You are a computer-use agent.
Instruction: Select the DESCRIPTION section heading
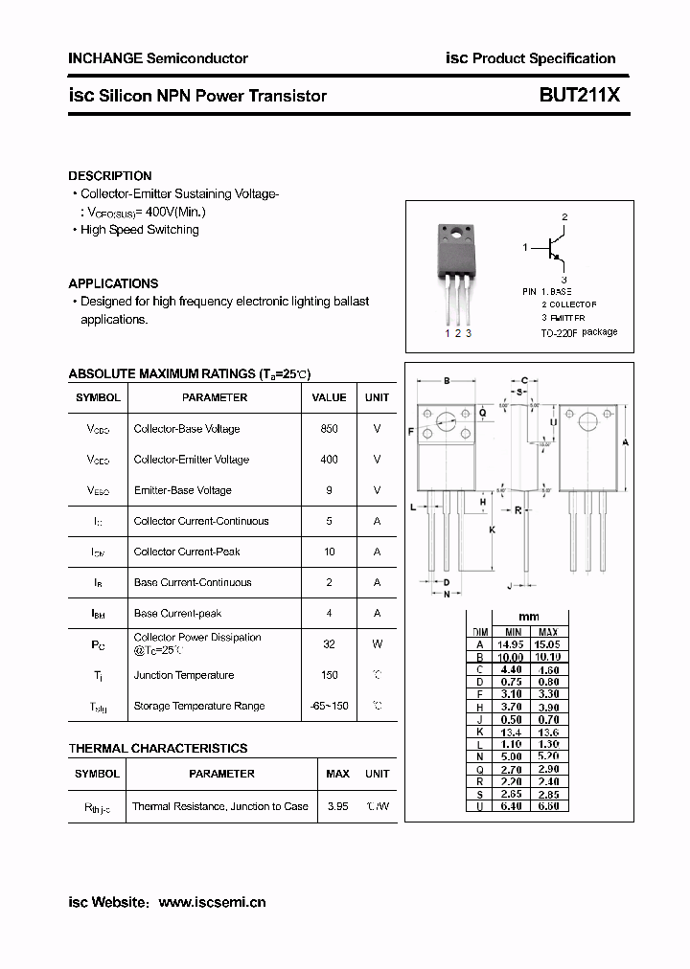110,176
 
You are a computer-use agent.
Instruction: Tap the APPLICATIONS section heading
113,283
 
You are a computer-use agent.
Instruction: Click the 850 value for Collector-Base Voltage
329,429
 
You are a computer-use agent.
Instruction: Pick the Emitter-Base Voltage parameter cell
183,490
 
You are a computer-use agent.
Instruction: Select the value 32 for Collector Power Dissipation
329,644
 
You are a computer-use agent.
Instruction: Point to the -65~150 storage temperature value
329,706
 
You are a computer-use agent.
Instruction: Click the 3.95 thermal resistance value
337,806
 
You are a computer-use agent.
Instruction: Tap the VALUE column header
329,397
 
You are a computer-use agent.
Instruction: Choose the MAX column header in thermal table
337,774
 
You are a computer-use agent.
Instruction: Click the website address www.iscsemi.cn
212,902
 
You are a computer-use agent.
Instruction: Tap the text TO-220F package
579,333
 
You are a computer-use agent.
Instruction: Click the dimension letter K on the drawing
492,530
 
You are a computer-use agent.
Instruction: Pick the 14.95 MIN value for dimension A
513,645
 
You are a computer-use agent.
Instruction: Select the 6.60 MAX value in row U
548,806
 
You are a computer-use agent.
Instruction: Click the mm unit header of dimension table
529,617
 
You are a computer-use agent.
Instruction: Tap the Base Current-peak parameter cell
178,613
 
